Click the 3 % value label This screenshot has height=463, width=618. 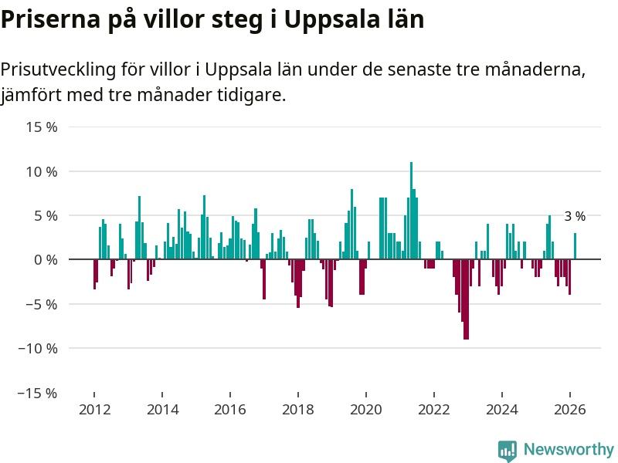[575, 217]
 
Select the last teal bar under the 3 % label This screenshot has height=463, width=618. [575, 246]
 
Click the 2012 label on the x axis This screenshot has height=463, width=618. [93, 410]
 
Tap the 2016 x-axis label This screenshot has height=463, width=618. [229, 410]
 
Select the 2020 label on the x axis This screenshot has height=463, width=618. [366, 410]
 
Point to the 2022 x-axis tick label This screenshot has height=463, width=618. [434, 410]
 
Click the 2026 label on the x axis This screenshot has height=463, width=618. [570, 410]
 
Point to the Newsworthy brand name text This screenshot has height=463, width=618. [569, 450]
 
